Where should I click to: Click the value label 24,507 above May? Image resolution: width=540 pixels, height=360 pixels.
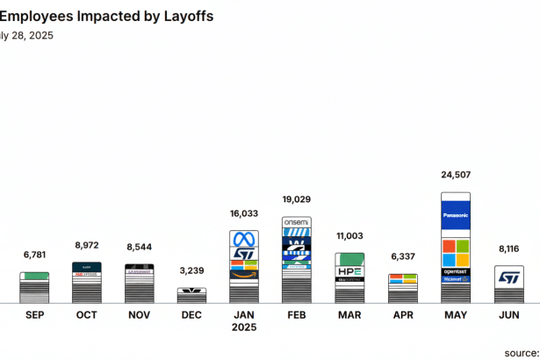point(455,174)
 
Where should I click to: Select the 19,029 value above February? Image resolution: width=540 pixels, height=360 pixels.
point(297,199)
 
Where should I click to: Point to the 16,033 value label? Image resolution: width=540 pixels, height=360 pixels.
point(243,212)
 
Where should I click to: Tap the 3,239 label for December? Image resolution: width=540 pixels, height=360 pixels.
point(191,271)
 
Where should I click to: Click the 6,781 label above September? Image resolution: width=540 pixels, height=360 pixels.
point(34,255)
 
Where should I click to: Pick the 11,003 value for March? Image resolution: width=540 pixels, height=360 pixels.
point(349,236)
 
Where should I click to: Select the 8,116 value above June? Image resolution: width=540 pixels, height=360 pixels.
point(509,249)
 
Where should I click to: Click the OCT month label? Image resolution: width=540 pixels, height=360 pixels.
point(86,314)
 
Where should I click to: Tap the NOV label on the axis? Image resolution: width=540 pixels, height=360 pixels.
point(139,314)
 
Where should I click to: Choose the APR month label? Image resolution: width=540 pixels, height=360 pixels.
point(403,314)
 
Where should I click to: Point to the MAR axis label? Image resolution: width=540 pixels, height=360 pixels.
point(349,314)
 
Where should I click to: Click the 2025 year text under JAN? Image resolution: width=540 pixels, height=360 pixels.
point(243,328)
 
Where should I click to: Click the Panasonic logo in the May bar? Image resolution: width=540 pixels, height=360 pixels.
point(455,215)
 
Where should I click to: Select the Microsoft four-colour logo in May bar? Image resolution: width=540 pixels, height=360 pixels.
point(455,253)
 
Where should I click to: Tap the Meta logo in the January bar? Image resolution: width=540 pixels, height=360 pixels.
point(243,240)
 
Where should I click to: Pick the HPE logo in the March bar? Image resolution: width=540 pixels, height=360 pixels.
point(349,272)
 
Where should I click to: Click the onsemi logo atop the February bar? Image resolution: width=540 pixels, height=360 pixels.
point(296,223)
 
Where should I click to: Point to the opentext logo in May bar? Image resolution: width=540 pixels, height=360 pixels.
point(455,272)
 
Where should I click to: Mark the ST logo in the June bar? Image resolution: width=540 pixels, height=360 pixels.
point(508,277)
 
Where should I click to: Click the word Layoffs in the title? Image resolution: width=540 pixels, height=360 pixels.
point(185,16)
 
